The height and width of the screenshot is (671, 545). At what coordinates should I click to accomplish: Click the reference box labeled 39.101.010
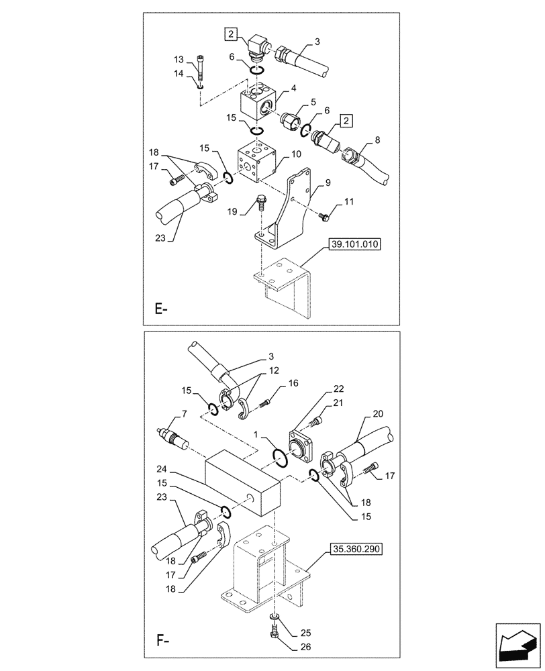[354, 245]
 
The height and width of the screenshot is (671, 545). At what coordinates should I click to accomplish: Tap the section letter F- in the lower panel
[160, 640]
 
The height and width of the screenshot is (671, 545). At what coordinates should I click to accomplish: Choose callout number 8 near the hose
[377, 140]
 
